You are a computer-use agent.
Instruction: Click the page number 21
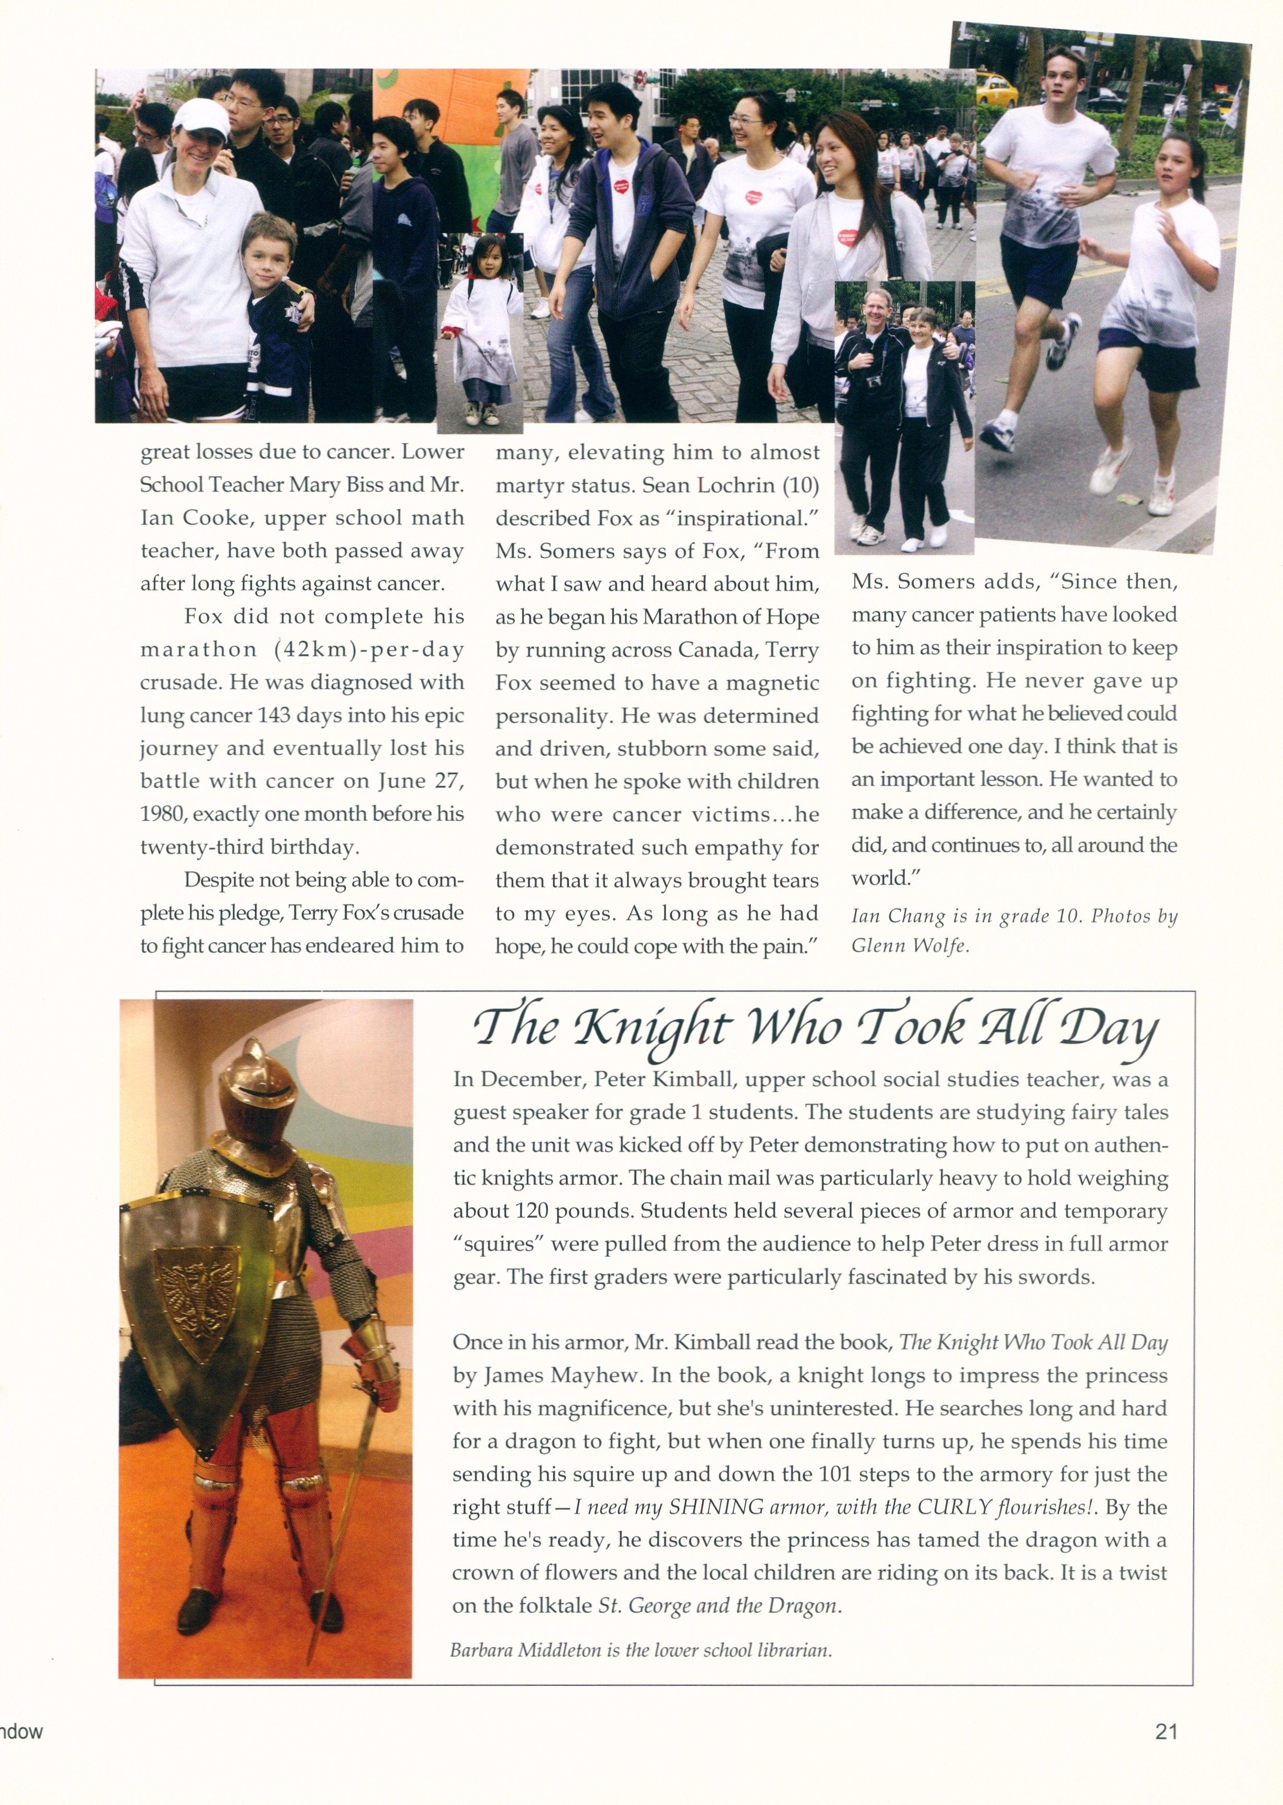click(x=1166, y=1731)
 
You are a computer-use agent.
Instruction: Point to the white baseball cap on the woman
click(x=201, y=117)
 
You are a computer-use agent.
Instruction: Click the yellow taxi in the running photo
click(x=996, y=89)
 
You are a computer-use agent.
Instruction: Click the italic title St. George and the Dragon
click(x=717, y=1606)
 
